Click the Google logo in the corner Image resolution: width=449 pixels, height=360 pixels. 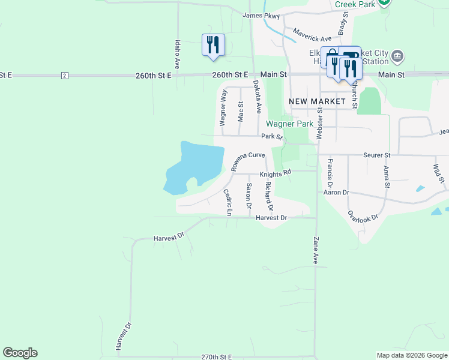tap(20, 353)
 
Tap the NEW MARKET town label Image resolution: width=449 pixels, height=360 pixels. tap(317, 101)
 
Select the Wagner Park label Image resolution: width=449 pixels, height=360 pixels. tap(290, 124)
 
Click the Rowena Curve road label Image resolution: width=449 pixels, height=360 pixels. tap(248, 161)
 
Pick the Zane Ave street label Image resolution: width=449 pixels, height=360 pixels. tap(315, 250)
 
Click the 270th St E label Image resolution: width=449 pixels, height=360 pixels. tap(217, 356)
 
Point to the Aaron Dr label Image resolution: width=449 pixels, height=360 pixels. tap(336, 193)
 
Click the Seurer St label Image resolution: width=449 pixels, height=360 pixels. tap(377, 155)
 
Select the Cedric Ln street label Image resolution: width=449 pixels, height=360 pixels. tap(227, 203)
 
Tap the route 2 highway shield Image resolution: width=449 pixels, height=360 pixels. tap(64, 75)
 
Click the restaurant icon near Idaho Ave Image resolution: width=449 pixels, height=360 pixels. tap(213, 45)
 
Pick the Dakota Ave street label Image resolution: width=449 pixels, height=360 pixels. tap(257, 97)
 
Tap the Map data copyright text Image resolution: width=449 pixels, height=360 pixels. tap(412, 355)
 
